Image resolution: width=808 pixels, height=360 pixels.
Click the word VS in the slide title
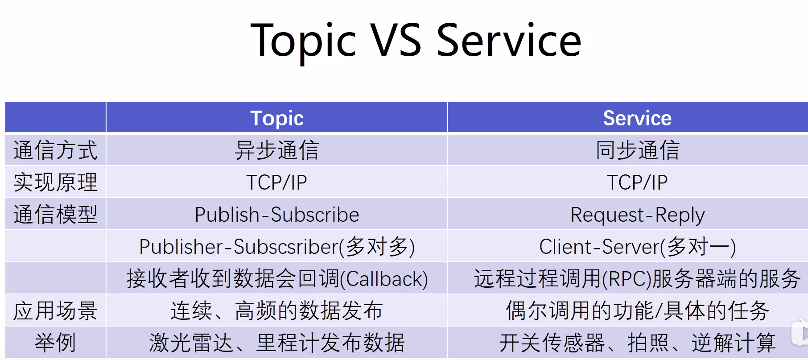pos(396,41)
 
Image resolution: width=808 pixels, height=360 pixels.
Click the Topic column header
pos(277,118)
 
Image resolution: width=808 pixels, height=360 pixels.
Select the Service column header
pos(637,118)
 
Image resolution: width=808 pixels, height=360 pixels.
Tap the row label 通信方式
pos(55,150)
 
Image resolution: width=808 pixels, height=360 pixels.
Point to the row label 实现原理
pos(55,182)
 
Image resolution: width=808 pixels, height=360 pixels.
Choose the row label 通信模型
pos(55,214)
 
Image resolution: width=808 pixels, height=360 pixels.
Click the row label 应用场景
pos(55,310)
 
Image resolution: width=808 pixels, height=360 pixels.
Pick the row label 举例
pos(55,343)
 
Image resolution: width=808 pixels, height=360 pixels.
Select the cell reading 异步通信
pos(277,150)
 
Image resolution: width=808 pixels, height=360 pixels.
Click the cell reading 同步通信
pos(637,150)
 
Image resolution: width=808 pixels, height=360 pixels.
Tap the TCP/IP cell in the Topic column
pos(277,182)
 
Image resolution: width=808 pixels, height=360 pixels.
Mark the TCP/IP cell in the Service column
pos(637,182)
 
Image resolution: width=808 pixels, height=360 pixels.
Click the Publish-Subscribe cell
pos(277,215)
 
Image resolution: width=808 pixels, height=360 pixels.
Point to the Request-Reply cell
pos(637,215)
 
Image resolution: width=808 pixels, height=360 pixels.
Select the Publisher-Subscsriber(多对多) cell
pos(277,247)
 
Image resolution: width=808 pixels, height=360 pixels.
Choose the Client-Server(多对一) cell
pos(637,247)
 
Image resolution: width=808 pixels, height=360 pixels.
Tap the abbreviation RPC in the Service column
pos(627,279)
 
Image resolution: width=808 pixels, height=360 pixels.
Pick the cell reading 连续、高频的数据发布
pos(277,310)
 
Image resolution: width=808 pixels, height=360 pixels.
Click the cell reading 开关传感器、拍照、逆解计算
pos(637,343)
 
